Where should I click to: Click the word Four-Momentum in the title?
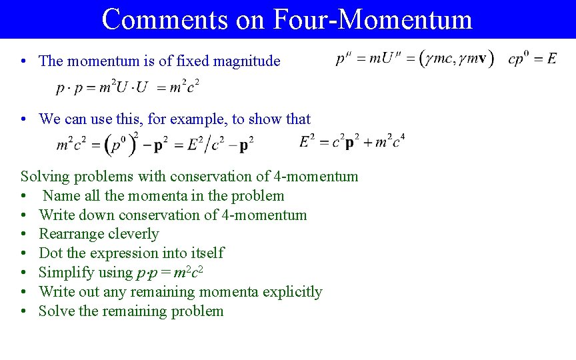pos(372,19)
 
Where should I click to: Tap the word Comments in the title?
pos(165,19)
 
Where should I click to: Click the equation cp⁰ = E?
pos(532,59)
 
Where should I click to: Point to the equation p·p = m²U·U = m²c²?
pos(128,87)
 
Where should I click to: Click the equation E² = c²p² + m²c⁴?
pos(352,142)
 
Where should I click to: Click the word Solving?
pos(44,177)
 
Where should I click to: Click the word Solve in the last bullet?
pos(57,311)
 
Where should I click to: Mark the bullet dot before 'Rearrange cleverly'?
pos(23,235)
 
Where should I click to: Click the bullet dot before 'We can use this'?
pos(23,120)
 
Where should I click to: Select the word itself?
pos(207,253)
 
